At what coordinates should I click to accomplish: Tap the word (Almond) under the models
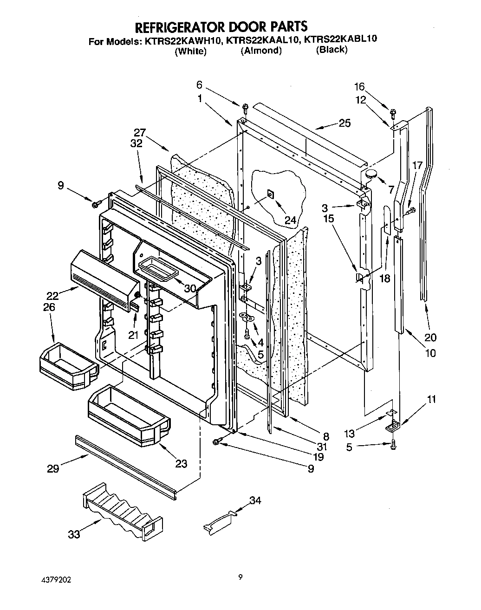[x=261, y=51]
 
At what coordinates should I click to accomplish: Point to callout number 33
[x=74, y=534]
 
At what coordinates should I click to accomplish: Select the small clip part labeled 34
[x=220, y=519]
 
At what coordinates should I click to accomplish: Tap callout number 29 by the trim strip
[x=53, y=468]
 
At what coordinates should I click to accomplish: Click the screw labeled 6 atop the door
[x=245, y=108]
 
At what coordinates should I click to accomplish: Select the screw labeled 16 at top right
[x=393, y=112]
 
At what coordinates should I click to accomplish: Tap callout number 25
[x=344, y=123]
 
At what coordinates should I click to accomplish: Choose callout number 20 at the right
[x=430, y=337]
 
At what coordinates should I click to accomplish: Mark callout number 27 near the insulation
[x=140, y=132]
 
